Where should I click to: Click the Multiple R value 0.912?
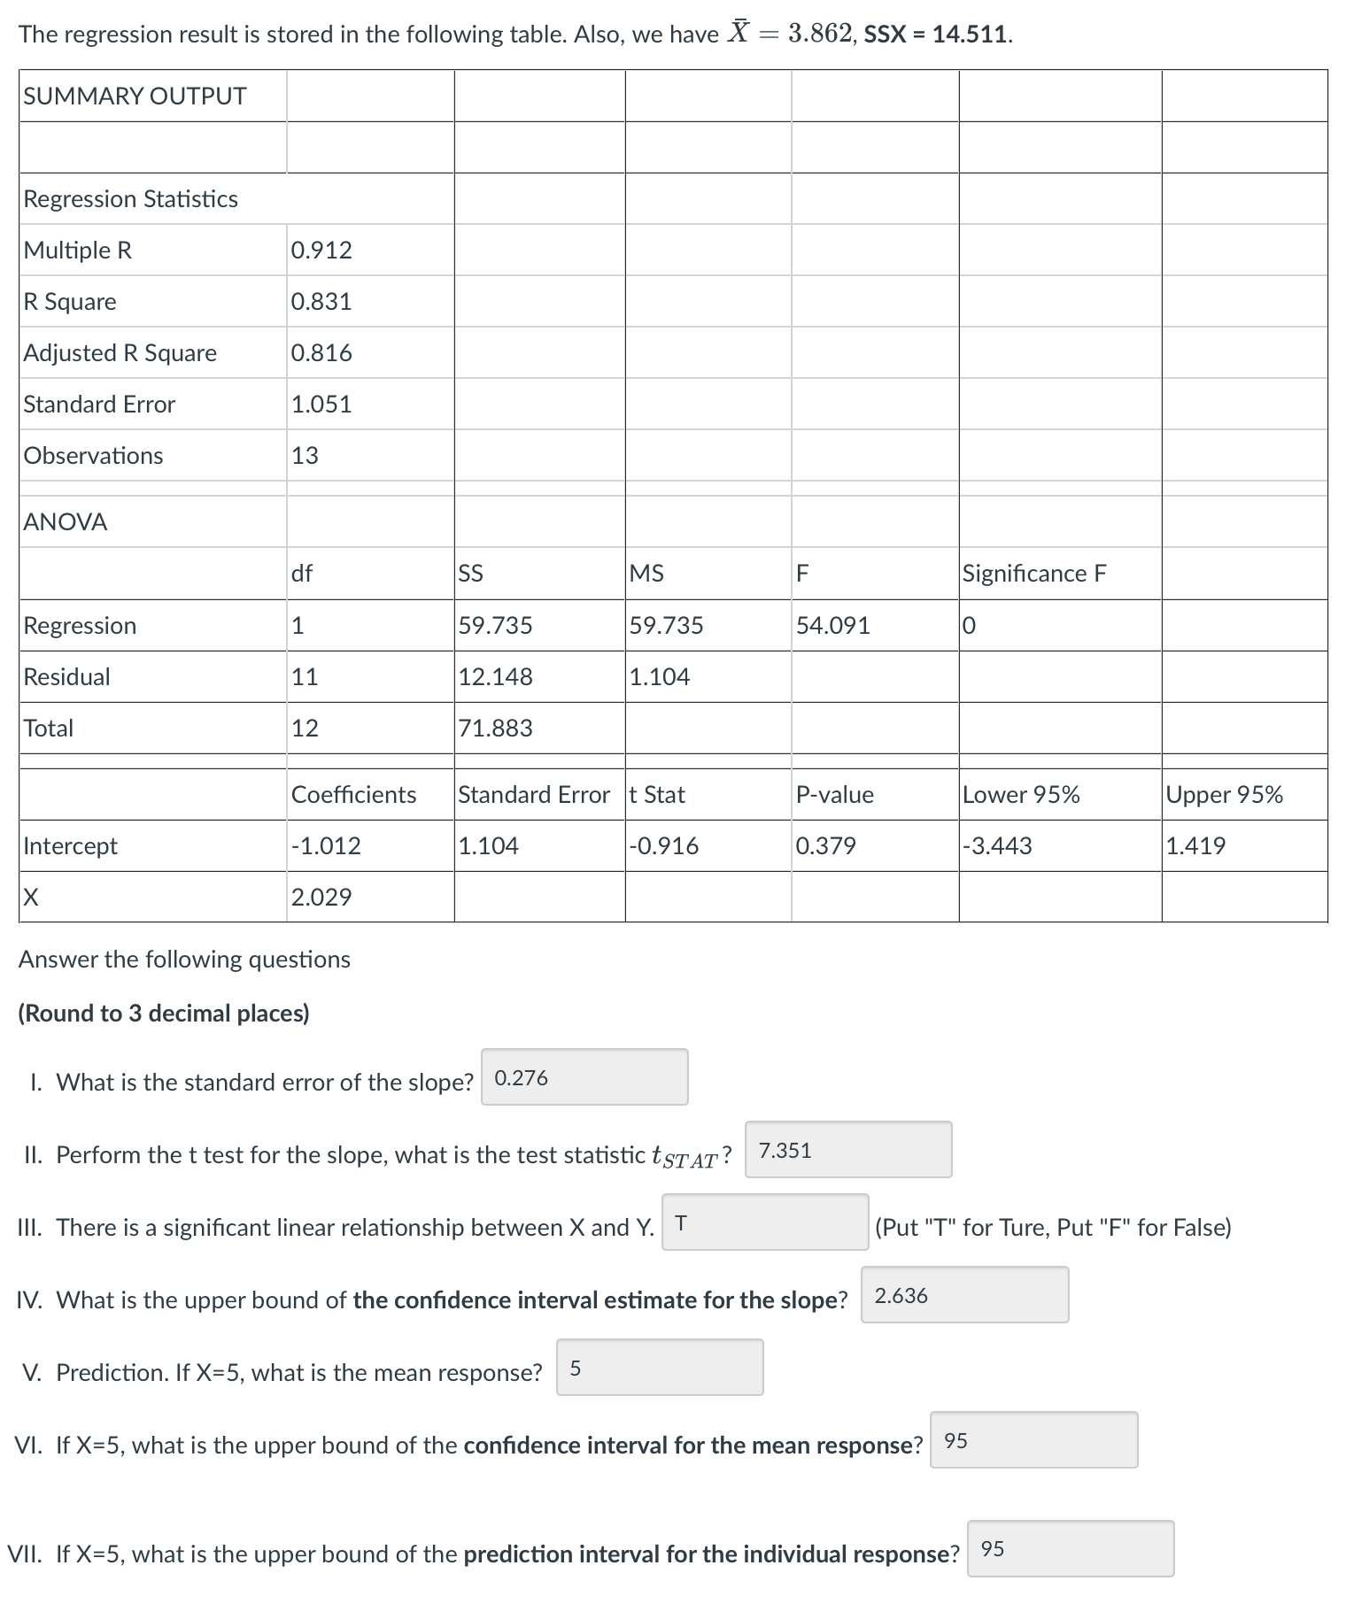[x=321, y=251]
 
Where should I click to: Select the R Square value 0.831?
[x=321, y=302]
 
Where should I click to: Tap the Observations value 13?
[x=306, y=456]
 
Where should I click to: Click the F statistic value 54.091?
[x=832, y=626]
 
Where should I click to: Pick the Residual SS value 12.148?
[x=495, y=677]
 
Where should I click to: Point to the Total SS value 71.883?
[x=495, y=729]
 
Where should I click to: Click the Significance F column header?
[x=1034, y=574]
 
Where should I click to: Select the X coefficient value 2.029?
[x=321, y=898]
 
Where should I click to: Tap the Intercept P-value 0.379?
[x=825, y=846]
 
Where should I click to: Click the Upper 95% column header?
[x=1224, y=795]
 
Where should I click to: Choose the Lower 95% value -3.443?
[x=997, y=846]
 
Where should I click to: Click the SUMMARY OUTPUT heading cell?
[x=135, y=96]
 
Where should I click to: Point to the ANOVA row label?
[x=66, y=522]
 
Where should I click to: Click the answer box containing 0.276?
[x=584, y=1077]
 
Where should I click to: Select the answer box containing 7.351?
[x=848, y=1150]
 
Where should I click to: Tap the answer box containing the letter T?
[x=765, y=1222]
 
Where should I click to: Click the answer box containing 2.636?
[x=964, y=1295]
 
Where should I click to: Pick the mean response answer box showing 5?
[x=660, y=1368]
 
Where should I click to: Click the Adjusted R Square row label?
[x=120, y=353]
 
